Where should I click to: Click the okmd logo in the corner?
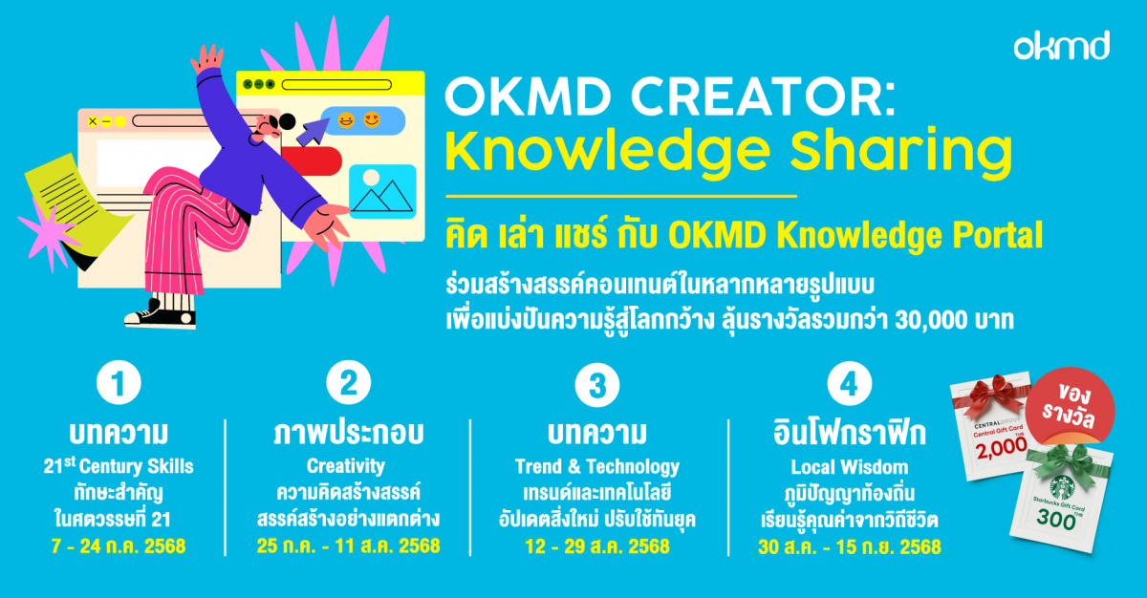click(x=1061, y=45)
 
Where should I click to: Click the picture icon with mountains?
click(x=382, y=191)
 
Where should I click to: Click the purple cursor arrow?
click(x=310, y=130)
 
